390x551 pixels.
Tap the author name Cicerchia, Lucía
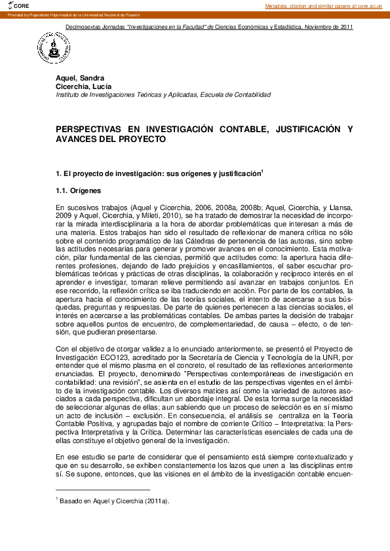pos(83,86)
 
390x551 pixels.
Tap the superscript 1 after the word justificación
pos(262,171)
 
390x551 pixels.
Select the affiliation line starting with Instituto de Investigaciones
pos(163,94)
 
